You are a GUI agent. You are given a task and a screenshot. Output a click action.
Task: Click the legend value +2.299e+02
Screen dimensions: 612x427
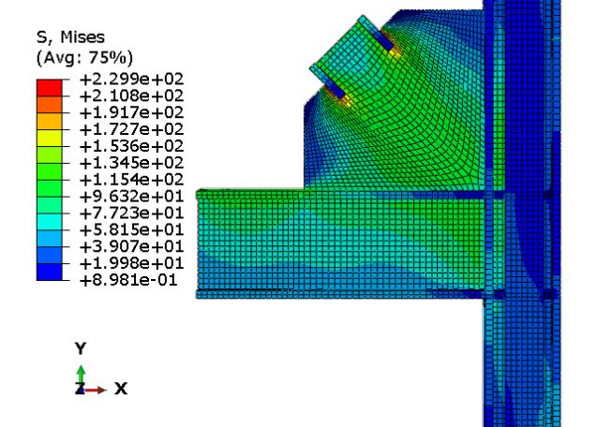point(131,80)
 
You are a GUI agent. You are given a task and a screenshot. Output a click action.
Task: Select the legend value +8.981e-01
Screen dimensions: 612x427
point(128,280)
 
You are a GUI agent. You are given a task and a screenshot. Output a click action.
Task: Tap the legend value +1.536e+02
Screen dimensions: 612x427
point(131,146)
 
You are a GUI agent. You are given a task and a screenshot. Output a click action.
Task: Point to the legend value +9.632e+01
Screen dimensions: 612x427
point(131,196)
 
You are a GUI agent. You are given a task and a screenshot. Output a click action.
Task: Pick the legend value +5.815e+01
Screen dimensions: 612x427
point(131,229)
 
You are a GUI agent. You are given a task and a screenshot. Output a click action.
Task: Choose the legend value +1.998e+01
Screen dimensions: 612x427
point(131,263)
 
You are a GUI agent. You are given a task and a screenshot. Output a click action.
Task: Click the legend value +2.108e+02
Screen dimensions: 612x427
point(131,96)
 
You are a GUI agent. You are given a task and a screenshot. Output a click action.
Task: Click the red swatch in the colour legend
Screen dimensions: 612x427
point(49,88)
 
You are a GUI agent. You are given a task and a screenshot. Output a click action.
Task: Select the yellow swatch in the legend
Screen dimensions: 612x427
point(49,138)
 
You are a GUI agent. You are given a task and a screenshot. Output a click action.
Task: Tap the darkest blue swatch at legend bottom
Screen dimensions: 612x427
point(49,272)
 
